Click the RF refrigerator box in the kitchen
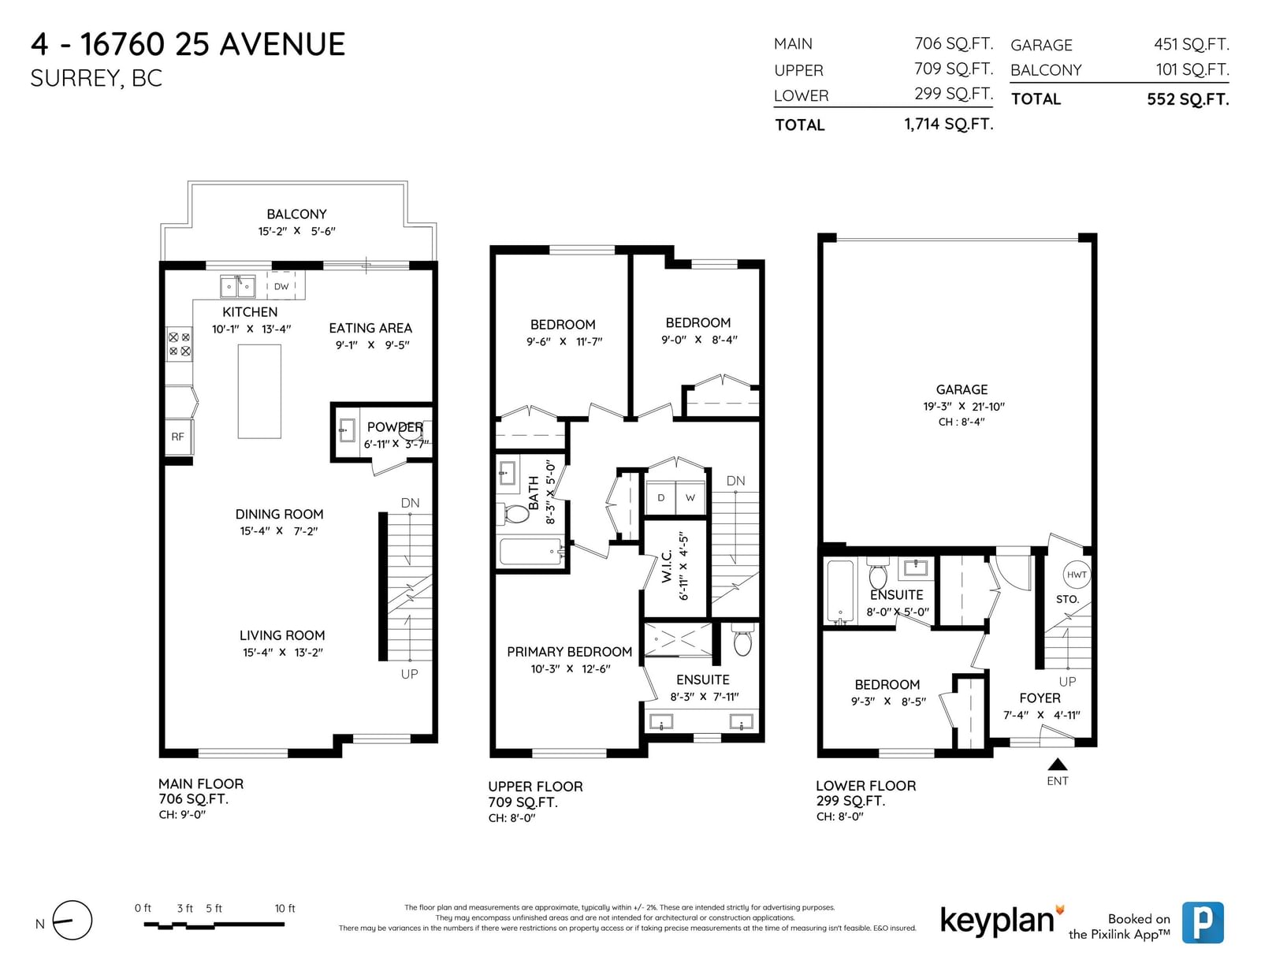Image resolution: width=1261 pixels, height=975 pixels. (x=179, y=437)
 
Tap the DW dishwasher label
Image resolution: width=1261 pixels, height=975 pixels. (x=281, y=286)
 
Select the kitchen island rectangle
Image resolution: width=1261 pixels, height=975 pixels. (x=259, y=392)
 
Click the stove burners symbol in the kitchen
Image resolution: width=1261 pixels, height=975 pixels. (x=180, y=344)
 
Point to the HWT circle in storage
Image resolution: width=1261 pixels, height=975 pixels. (x=1077, y=575)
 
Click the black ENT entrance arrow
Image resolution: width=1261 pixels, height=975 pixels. (x=1058, y=764)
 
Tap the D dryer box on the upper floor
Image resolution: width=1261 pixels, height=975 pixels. (x=661, y=497)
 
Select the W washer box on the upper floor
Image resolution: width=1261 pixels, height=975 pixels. (x=690, y=497)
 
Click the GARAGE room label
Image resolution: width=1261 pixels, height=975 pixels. (x=962, y=389)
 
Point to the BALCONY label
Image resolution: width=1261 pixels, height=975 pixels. (x=296, y=214)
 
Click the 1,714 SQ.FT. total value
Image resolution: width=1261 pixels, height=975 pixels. (x=949, y=124)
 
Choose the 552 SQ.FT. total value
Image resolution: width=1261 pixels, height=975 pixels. (x=1188, y=99)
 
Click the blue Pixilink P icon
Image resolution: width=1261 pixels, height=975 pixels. (x=1203, y=922)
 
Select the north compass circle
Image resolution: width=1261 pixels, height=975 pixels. (x=73, y=920)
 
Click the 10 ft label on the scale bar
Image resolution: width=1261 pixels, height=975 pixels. (x=285, y=908)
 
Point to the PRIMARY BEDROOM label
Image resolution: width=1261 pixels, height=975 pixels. (x=569, y=652)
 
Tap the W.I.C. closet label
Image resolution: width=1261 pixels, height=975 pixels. (x=666, y=566)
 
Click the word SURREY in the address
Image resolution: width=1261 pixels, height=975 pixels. (x=75, y=79)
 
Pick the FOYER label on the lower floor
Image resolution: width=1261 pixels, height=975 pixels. (x=1040, y=698)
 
